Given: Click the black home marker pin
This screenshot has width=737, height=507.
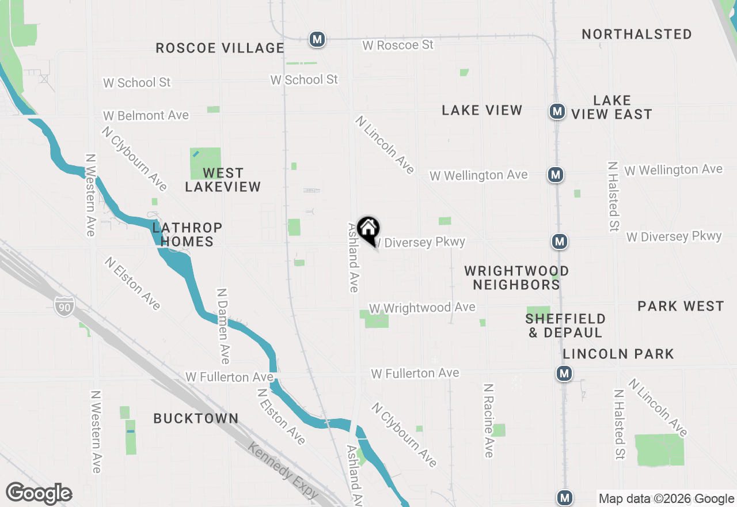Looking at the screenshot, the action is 368,230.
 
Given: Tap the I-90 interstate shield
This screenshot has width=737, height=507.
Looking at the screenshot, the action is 64,307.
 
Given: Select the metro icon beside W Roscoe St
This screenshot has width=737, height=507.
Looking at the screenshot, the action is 317,39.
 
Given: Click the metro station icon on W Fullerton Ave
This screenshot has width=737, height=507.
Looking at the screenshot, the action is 564,373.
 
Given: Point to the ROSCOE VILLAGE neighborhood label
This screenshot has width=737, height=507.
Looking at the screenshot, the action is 220,48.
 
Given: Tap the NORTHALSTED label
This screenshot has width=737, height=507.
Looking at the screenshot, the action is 636,34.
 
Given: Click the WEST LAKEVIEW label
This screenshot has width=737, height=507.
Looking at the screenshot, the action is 223,180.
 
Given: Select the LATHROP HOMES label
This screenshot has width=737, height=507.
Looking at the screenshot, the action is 187,234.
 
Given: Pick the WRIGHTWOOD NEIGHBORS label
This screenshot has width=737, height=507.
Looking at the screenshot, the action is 516,277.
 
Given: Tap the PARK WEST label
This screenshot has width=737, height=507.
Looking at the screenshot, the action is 681,306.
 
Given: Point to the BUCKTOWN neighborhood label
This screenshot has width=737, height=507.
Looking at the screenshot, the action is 196,418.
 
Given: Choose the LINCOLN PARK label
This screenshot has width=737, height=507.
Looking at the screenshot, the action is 618,353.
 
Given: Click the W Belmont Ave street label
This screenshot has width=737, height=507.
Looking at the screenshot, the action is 146,116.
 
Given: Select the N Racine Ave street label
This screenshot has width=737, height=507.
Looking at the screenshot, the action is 489,421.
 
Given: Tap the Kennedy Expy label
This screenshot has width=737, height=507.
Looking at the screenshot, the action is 283,471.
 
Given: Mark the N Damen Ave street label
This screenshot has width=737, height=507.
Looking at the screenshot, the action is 223,326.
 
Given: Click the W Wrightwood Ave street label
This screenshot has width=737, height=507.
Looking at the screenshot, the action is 422,308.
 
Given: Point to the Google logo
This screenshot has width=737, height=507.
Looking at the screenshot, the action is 39,494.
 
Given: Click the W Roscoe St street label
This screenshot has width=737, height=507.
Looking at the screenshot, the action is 398,44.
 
